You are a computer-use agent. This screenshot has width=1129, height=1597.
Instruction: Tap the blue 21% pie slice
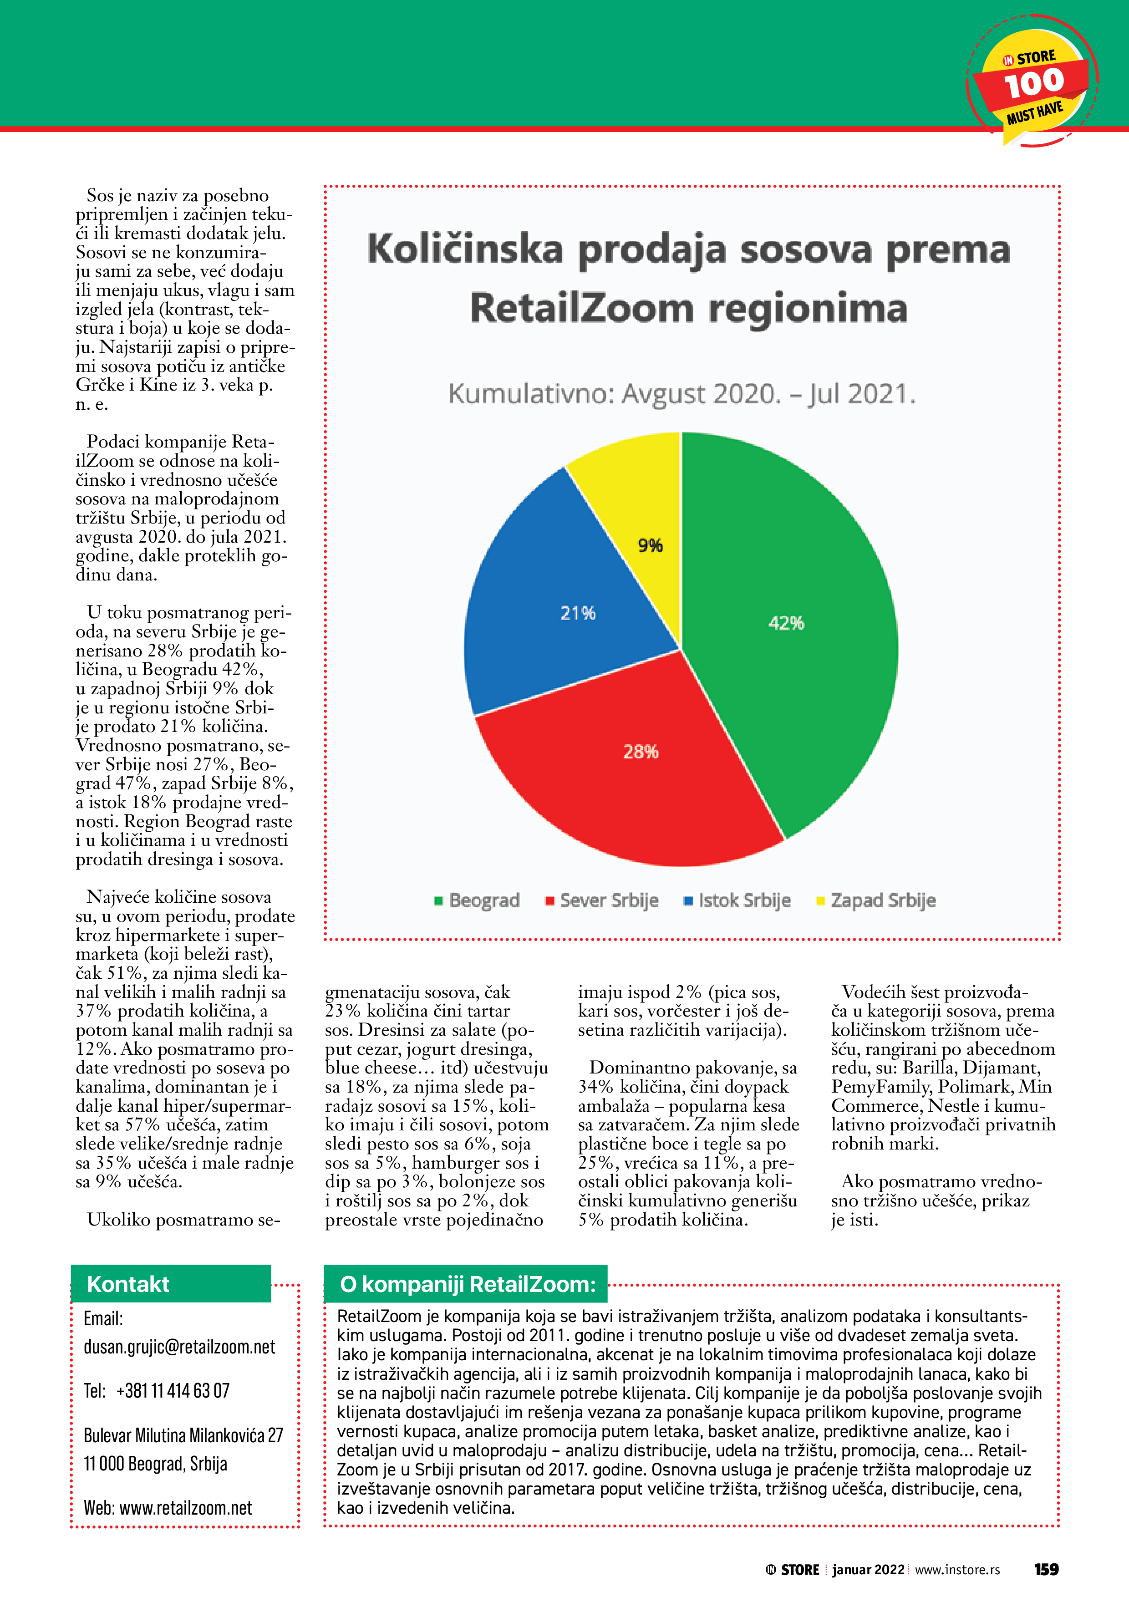[x=556, y=626]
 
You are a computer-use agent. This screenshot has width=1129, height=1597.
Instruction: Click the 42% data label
[x=786, y=623]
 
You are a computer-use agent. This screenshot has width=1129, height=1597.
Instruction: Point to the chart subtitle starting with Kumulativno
[x=681, y=394]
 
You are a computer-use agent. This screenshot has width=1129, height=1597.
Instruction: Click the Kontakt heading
[x=128, y=1284]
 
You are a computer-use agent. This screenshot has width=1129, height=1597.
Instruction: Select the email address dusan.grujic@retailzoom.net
[x=179, y=1347]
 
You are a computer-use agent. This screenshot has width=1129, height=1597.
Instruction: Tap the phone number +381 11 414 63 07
[x=173, y=1391]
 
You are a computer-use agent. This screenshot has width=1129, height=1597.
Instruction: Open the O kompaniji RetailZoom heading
[x=468, y=1284]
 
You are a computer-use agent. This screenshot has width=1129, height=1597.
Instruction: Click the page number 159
[x=1046, y=1570]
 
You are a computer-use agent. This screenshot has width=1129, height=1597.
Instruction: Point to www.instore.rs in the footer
[x=957, y=1570]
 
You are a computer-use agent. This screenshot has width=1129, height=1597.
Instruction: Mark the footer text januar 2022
[x=868, y=1570]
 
